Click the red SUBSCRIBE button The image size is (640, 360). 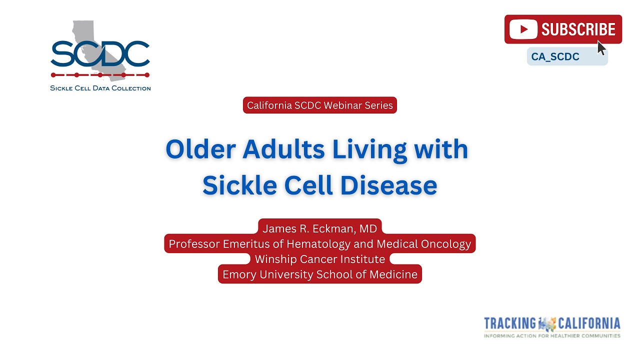[x=563, y=29]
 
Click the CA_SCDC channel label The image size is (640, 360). [x=555, y=57]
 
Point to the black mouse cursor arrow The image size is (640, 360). [x=601, y=48]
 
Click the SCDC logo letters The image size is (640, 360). [x=100, y=54]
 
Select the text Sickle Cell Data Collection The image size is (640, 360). [x=100, y=88]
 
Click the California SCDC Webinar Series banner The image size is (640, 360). [x=320, y=105]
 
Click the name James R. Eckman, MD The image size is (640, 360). [x=320, y=228]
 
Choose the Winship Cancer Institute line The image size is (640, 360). [x=320, y=259]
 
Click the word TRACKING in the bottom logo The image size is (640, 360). [x=509, y=323]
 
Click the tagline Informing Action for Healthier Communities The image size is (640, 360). [x=552, y=335]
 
